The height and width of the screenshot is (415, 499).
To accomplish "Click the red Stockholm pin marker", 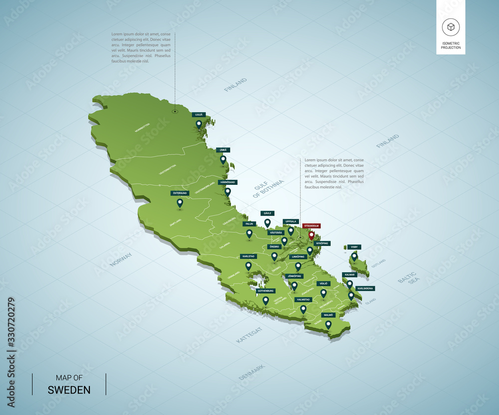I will click(x=312, y=235).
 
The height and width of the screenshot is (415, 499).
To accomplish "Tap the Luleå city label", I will click(x=199, y=115).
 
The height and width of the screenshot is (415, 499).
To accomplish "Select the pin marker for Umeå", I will click(x=223, y=159).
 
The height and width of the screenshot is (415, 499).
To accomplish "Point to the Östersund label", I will click(x=180, y=193).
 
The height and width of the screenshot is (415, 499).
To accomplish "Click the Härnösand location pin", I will click(x=228, y=191).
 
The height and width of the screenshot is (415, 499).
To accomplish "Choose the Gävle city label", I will click(x=267, y=213).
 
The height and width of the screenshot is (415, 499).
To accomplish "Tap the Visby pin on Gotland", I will click(x=354, y=257).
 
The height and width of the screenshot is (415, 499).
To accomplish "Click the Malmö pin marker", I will click(x=328, y=324).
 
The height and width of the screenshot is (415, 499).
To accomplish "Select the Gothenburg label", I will click(x=265, y=290).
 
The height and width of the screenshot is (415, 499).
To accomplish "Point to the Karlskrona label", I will click(x=365, y=288).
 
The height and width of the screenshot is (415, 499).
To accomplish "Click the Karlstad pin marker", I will click(x=249, y=266).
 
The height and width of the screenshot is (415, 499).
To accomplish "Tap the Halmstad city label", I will click(x=303, y=299).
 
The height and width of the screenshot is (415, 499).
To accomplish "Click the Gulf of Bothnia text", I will click(x=268, y=189).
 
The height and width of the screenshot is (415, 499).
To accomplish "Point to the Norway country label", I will click(x=121, y=260).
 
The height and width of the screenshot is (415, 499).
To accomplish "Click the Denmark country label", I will click(x=251, y=372).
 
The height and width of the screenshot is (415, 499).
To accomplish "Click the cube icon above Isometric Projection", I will click(x=450, y=27).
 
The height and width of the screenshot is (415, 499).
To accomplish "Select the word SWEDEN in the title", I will click(x=69, y=389).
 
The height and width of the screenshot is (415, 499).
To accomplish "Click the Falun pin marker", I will click(x=249, y=233).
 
